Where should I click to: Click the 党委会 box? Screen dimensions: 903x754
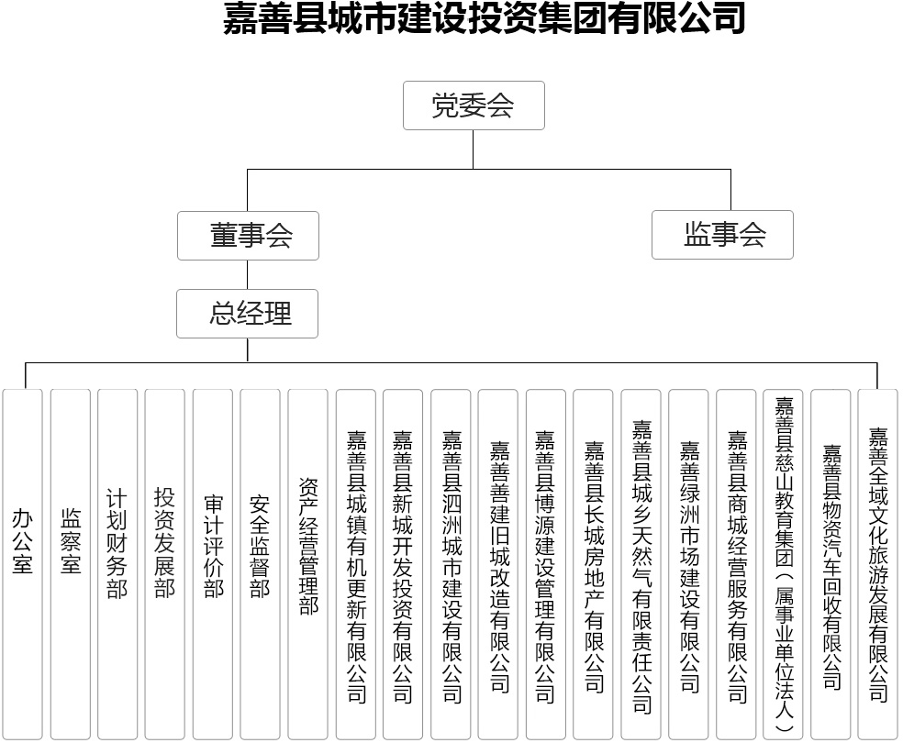click(474, 105)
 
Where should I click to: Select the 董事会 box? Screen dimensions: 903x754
click(248, 236)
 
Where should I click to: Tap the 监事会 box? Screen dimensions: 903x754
click(722, 235)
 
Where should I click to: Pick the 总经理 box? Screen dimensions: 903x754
click(247, 314)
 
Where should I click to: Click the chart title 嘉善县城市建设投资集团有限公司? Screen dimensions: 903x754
click(485, 17)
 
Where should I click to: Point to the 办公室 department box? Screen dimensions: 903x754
click(22, 564)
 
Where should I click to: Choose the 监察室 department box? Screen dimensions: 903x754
click(71, 564)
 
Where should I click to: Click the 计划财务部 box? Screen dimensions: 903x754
click(117, 564)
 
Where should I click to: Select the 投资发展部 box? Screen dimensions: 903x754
click(164, 564)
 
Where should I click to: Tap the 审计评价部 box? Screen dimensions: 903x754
click(213, 564)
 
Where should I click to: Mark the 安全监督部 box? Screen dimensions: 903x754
click(260, 564)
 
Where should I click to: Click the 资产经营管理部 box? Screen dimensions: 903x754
click(307, 564)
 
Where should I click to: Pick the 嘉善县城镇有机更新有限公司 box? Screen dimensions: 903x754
click(355, 564)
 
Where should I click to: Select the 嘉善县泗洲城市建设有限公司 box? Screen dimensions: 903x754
click(451, 564)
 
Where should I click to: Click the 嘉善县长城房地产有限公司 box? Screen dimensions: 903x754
click(593, 564)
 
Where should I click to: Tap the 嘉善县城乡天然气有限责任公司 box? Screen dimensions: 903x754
click(641, 564)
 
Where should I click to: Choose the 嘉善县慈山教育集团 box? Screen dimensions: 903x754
click(783, 564)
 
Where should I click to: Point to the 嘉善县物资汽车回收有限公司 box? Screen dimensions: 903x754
click(831, 564)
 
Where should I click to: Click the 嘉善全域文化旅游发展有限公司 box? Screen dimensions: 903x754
click(877, 564)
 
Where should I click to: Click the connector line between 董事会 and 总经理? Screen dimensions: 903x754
click(248, 274)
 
